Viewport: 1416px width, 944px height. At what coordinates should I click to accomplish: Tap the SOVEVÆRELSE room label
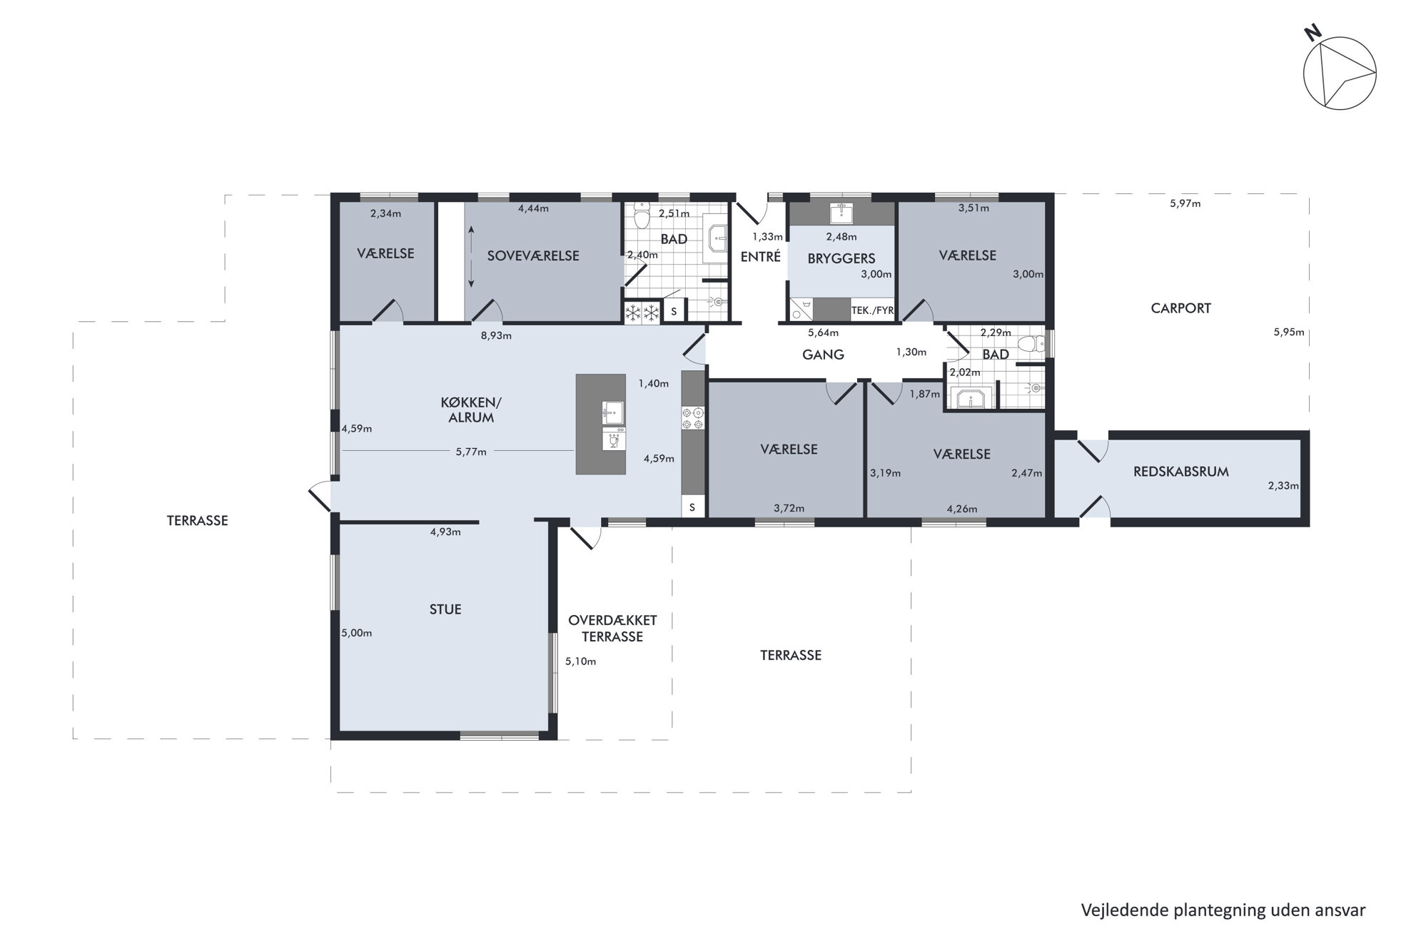click(x=533, y=255)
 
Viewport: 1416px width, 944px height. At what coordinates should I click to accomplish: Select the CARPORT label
click(x=1180, y=308)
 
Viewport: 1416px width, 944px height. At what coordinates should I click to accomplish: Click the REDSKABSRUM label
click(x=1180, y=472)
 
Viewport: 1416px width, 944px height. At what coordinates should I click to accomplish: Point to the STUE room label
click(x=445, y=609)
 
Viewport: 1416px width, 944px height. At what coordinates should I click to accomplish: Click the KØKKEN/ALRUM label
click(x=471, y=410)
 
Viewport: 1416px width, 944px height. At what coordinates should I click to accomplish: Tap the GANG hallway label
click(x=823, y=355)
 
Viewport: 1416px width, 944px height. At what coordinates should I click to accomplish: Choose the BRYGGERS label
click(x=841, y=259)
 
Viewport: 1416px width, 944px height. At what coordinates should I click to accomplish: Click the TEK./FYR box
click(x=872, y=310)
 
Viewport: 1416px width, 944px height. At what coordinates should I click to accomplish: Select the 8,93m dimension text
click(x=496, y=335)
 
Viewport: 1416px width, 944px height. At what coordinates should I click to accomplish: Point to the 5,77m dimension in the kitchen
click(x=471, y=452)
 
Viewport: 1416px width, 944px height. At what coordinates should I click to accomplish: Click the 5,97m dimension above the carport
click(x=1185, y=203)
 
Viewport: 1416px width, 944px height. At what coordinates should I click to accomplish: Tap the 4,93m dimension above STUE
click(x=445, y=532)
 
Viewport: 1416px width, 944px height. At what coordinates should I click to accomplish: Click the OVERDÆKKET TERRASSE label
click(x=612, y=629)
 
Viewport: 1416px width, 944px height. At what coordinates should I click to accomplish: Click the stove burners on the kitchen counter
click(x=693, y=418)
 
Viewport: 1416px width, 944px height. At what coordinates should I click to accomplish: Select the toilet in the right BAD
click(x=1031, y=345)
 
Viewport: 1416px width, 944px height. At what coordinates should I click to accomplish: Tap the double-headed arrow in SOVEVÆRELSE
click(x=471, y=257)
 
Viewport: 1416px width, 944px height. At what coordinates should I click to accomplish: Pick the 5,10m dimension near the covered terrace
click(x=580, y=661)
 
